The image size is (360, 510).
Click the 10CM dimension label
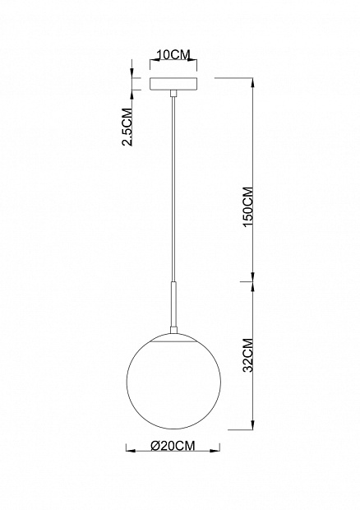(x=173, y=54)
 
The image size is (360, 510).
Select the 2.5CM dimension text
(x=127, y=127)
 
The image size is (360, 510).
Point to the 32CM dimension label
(x=248, y=355)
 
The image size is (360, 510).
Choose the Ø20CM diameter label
(x=173, y=445)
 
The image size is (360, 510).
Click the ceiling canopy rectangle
(x=173, y=84)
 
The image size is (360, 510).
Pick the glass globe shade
(x=173, y=381)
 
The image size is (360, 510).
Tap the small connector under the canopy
(x=173, y=93)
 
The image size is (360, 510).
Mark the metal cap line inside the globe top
(x=173, y=341)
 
